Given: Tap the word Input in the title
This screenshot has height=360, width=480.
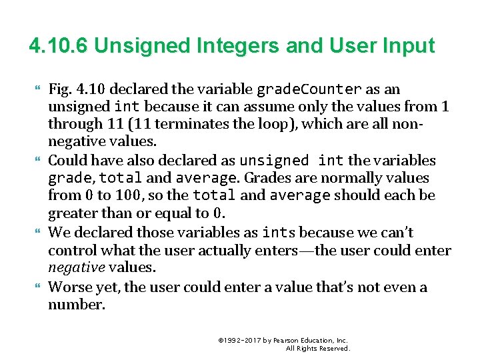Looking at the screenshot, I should (x=408, y=46).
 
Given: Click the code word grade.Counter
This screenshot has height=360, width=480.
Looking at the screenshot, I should (x=309, y=89).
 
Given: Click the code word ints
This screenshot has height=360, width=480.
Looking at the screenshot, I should (x=279, y=233).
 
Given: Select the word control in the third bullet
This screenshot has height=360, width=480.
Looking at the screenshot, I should (x=71, y=251).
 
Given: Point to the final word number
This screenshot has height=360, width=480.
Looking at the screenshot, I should (x=76, y=305).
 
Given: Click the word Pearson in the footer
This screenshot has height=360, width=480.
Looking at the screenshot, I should (x=288, y=340).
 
